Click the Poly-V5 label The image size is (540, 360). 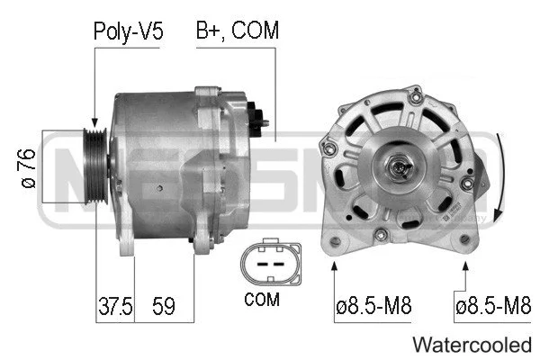[x=128, y=31]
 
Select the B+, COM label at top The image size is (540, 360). [x=238, y=31]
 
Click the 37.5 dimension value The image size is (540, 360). [x=113, y=306]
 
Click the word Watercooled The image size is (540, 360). [x=472, y=345]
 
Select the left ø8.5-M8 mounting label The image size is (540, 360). [x=373, y=306]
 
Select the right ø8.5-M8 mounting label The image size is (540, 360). [x=493, y=306]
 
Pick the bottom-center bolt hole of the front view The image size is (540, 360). [x=382, y=235]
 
